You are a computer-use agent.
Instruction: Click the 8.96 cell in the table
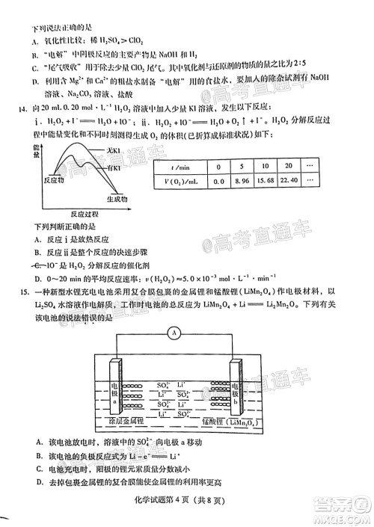coord(242,180)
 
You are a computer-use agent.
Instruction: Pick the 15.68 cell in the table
coord(266,180)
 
